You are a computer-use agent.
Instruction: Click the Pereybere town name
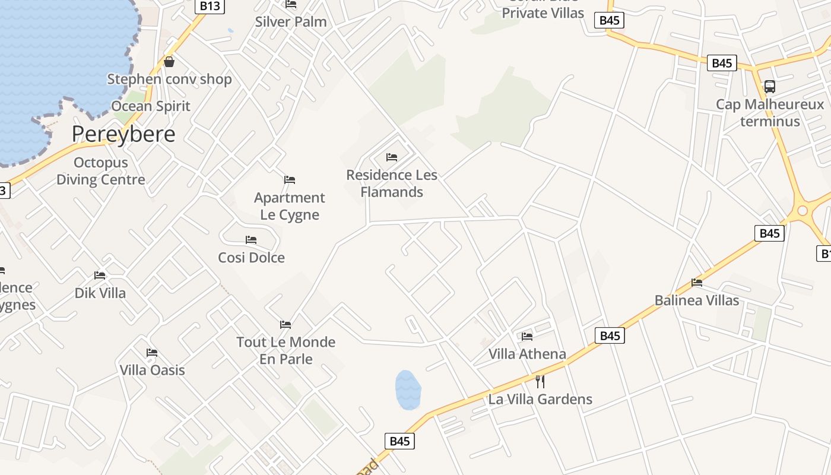123,134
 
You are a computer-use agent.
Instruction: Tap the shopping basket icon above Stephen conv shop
169,62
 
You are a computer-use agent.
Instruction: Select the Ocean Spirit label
151,106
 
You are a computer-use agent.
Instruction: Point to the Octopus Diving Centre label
101,171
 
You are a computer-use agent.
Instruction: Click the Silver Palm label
291,22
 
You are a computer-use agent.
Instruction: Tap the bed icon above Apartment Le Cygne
290,179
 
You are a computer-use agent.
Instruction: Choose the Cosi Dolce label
251,258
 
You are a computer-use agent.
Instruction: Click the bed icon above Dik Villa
100,275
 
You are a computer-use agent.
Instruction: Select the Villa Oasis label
153,370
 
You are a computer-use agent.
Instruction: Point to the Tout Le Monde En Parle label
286,350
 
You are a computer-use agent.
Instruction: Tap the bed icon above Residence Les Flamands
392,157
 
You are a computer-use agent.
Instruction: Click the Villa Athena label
527,354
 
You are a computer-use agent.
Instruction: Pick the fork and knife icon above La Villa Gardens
540,381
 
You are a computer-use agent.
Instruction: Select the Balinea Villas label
697,300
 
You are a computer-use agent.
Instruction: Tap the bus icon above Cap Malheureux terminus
770,87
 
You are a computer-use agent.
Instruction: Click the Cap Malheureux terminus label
770,113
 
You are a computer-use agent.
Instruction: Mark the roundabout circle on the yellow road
803,210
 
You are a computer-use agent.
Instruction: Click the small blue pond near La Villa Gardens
408,390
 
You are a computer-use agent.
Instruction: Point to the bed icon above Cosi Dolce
251,240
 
